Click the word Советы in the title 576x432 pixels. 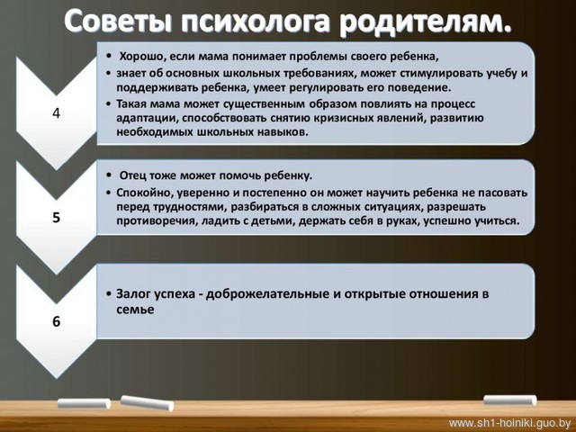[118, 22]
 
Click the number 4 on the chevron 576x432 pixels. [56, 113]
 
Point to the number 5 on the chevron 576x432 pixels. [56, 218]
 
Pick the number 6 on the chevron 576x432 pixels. [56, 321]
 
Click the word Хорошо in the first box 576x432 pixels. [139, 57]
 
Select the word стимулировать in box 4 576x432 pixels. [438, 74]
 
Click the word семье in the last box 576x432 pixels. [135, 310]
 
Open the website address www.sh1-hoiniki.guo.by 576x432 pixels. [510, 422]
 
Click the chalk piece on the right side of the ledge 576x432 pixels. [510, 400]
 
